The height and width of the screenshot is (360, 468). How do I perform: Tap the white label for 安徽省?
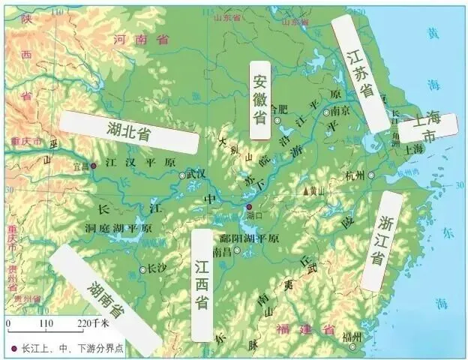click(x=259, y=100)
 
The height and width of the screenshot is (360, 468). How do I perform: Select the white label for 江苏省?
click(x=361, y=73)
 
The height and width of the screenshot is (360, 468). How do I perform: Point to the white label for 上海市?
click(x=427, y=128)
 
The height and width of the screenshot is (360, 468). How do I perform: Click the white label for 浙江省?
click(x=382, y=240)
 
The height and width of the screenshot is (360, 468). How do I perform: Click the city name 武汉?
click(x=196, y=173)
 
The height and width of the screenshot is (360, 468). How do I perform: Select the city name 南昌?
click(x=222, y=252)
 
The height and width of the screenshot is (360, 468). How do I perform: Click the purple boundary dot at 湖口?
click(x=250, y=205)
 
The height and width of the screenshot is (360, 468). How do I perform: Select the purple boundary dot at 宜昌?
click(x=94, y=166)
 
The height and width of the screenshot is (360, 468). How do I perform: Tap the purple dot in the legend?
click(x=14, y=349)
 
